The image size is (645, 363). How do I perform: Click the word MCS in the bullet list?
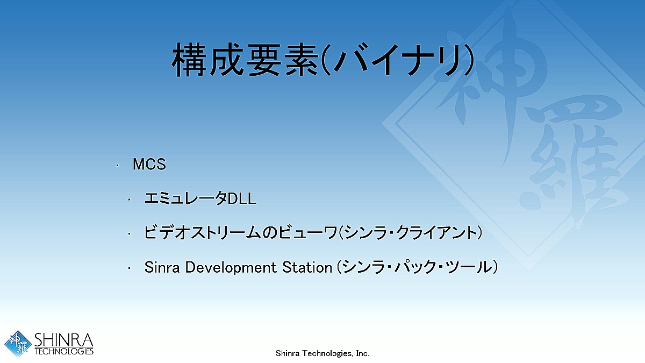pyautogui.click(x=149, y=164)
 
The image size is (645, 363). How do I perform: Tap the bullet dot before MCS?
pyautogui.click(x=117, y=166)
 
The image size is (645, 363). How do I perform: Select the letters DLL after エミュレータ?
pyautogui.click(x=242, y=199)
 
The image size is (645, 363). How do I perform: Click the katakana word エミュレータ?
pyautogui.click(x=186, y=198)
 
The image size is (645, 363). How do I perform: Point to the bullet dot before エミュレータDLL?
pyautogui.click(x=130, y=200)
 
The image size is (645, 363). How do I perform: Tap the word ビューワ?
pyautogui.click(x=307, y=232)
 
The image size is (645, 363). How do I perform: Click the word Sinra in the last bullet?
pyautogui.click(x=162, y=267)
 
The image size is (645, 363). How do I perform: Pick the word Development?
pyautogui.click(x=231, y=268)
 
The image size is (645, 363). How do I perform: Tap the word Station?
pyautogui.click(x=307, y=267)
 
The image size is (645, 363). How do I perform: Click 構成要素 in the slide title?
pyautogui.click(x=245, y=60)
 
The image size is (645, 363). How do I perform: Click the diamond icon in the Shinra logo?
pyautogui.click(x=18, y=344)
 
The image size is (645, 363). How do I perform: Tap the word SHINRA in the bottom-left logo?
pyautogui.click(x=64, y=340)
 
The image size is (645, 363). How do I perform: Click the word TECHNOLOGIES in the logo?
pyautogui.click(x=64, y=351)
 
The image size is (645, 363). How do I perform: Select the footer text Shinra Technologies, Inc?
pyautogui.click(x=322, y=353)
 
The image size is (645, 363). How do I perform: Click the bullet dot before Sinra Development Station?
pyautogui.click(x=130, y=268)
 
